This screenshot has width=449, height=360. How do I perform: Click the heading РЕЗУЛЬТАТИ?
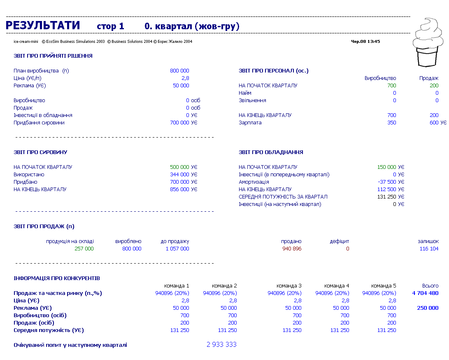(43, 26)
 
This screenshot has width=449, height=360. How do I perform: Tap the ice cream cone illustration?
(428, 42)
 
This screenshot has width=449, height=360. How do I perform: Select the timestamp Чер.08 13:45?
(365, 42)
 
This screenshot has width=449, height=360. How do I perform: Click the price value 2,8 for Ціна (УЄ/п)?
(185, 78)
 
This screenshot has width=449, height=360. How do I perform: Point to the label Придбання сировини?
(39, 123)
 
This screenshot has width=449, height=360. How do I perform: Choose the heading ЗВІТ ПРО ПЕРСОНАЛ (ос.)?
(273, 71)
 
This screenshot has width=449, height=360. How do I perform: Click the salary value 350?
(392, 123)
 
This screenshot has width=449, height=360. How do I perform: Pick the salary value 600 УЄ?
(438, 123)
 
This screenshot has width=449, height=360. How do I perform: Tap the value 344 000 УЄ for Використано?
(184, 175)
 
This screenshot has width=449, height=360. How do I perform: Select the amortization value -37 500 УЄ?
(391, 182)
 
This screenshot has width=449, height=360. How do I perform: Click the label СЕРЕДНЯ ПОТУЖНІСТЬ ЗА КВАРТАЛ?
(283, 197)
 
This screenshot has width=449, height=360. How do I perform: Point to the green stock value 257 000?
(84, 249)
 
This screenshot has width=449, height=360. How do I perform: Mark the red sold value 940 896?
(292, 249)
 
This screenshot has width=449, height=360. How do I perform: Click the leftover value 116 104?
(429, 249)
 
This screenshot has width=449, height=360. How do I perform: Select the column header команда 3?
(289, 286)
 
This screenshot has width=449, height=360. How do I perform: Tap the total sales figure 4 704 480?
(425, 293)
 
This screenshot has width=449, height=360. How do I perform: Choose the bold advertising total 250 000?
(428, 308)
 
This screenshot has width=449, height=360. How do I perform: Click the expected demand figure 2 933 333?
(222, 344)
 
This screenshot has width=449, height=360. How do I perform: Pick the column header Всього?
(430, 286)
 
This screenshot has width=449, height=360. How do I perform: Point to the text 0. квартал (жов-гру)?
(192, 26)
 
